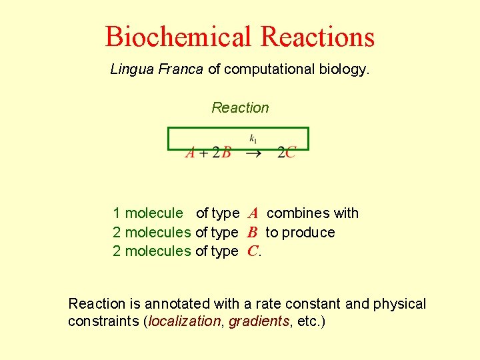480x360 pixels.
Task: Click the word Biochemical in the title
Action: pyautogui.click(x=179, y=37)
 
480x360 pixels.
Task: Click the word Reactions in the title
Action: pyautogui.click(x=318, y=37)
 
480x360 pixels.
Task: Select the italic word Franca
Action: pyautogui.click(x=181, y=69)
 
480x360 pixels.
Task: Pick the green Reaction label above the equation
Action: pyautogui.click(x=240, y=107)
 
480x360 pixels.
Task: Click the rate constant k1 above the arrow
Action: pyautogui.click(x=253, y=139)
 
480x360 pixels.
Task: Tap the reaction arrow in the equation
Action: pyautogui.click(x=253, y=153)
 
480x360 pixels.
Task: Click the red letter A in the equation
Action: pyautogui.click(x=190, y=153)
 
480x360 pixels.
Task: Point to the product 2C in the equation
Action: pyautogui.click(x=287, y=153)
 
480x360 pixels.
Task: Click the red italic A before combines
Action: pyautogui.click(x=253, y=214)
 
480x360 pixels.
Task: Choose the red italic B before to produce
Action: pyautogui.click(x=252, y=233)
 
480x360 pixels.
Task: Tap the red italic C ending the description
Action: pyautogui.click(x=252, y=251)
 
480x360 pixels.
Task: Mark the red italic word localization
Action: pyautogui.click(x=184, y=322)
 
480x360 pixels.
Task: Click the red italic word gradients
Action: pyautogui.click(x=259, y=322)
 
